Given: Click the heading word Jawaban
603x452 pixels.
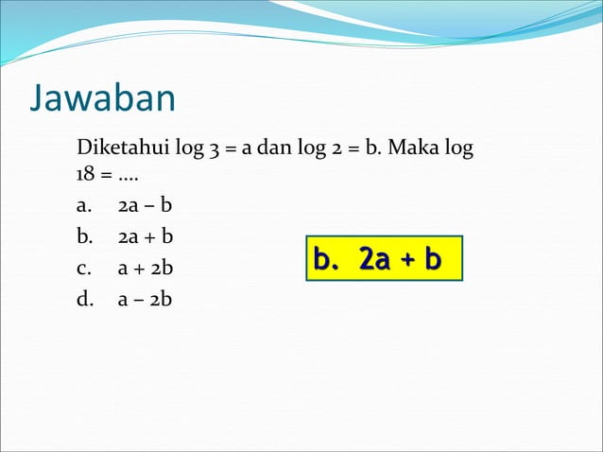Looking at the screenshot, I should [103, 98].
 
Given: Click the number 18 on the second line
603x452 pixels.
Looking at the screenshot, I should [85, 177].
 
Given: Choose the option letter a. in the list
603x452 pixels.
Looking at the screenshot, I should [84, 206].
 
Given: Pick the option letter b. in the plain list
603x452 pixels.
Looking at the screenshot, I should [84, 237].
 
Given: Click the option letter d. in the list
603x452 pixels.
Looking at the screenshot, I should [84, 300].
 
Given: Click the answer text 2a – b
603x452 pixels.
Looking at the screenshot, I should [146, 206].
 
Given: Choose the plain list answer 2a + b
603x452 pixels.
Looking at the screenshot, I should [146, 237].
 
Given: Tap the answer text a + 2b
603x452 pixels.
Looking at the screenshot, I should [146, 269].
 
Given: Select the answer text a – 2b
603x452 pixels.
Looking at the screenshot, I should [146, 300].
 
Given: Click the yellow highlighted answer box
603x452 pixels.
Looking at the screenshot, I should [384, 258].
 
